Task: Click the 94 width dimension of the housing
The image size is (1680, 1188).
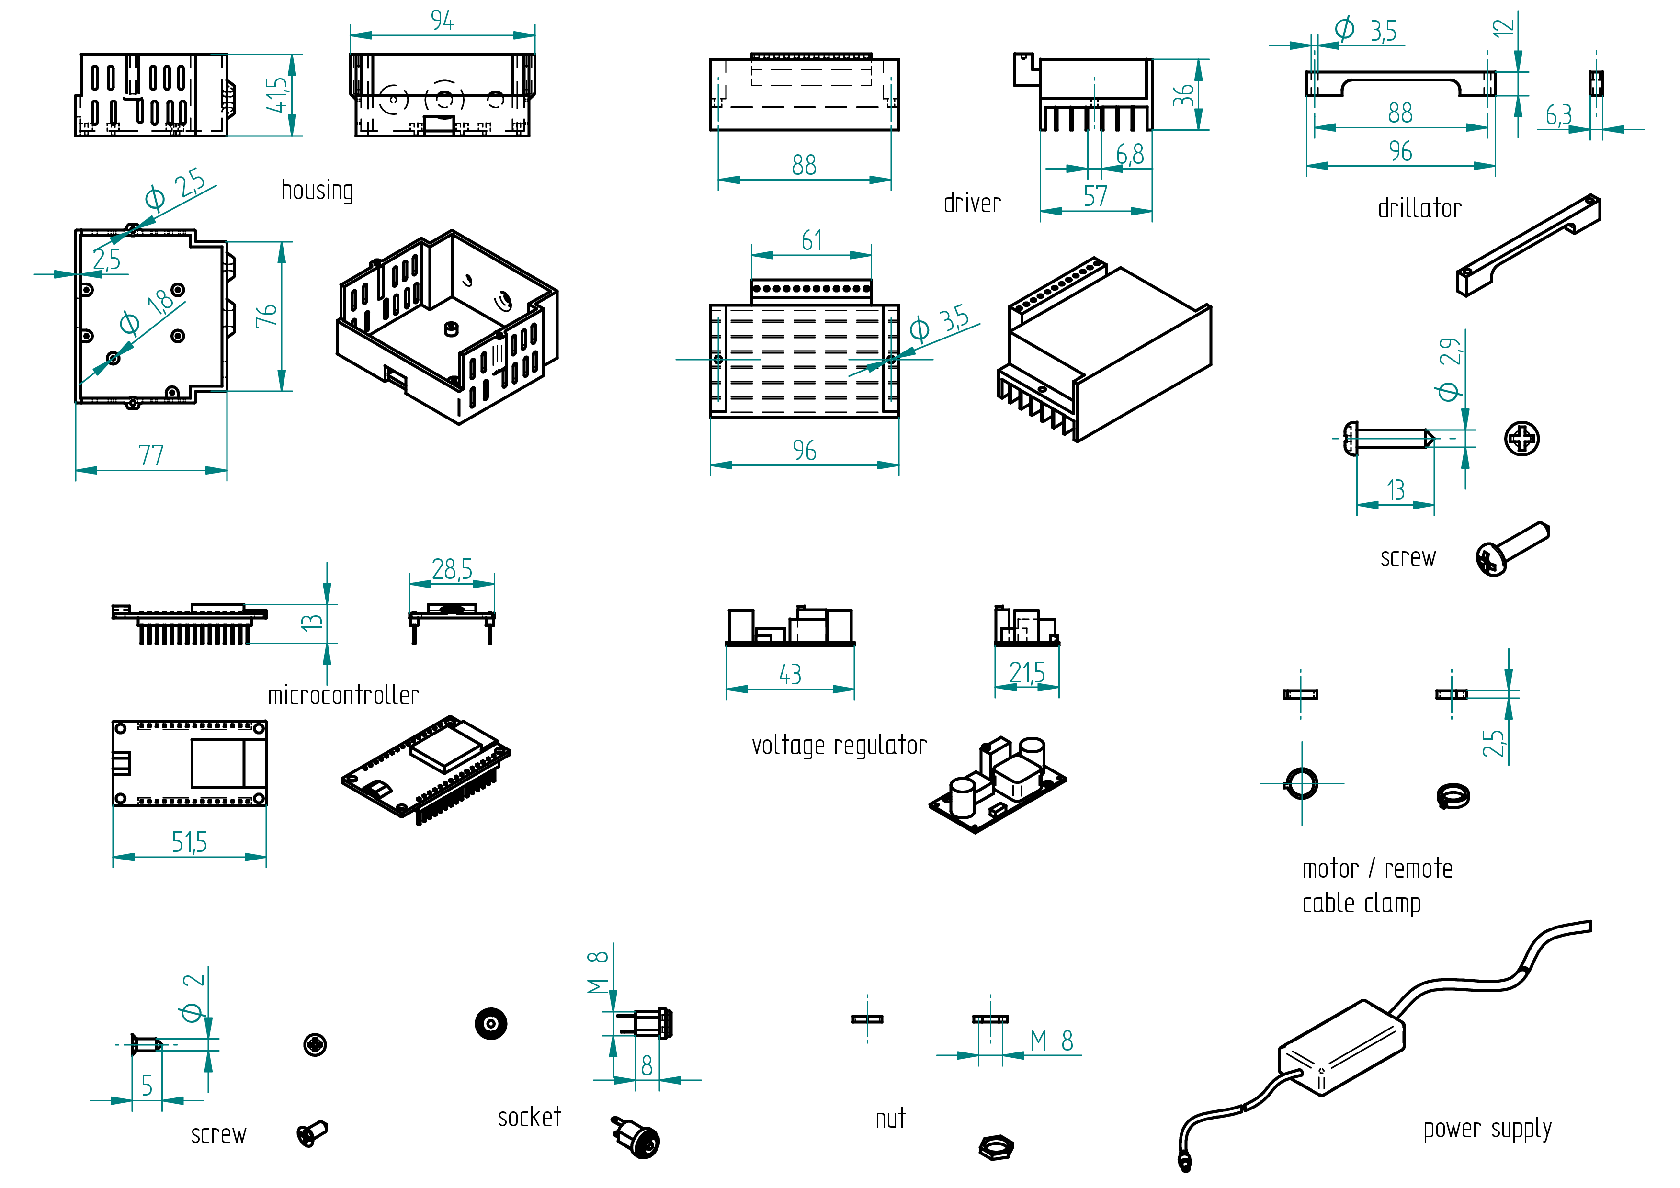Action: [442, 21]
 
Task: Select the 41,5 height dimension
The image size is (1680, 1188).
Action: [277, 95]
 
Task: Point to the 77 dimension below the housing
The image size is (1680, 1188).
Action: [151, 456]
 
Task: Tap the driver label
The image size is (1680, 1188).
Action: [972, 203]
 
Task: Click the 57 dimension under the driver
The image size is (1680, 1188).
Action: [1095, 196]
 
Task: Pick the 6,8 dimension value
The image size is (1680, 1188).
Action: [1130, 154]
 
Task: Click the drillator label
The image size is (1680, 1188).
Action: [1419, 208]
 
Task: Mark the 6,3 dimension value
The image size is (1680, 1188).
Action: [1558, 115]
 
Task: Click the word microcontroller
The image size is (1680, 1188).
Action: [343, 695]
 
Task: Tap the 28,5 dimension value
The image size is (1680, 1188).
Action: [452, 569]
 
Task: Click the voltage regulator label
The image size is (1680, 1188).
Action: [839, 746]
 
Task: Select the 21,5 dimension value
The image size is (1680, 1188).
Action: [1027, 672]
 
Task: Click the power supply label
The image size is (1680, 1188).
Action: [1487, 1129]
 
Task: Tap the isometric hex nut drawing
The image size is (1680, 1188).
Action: [996, 1146]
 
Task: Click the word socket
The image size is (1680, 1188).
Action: [529, 1118]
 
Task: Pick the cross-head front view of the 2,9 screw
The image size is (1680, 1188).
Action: [1522, 439]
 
